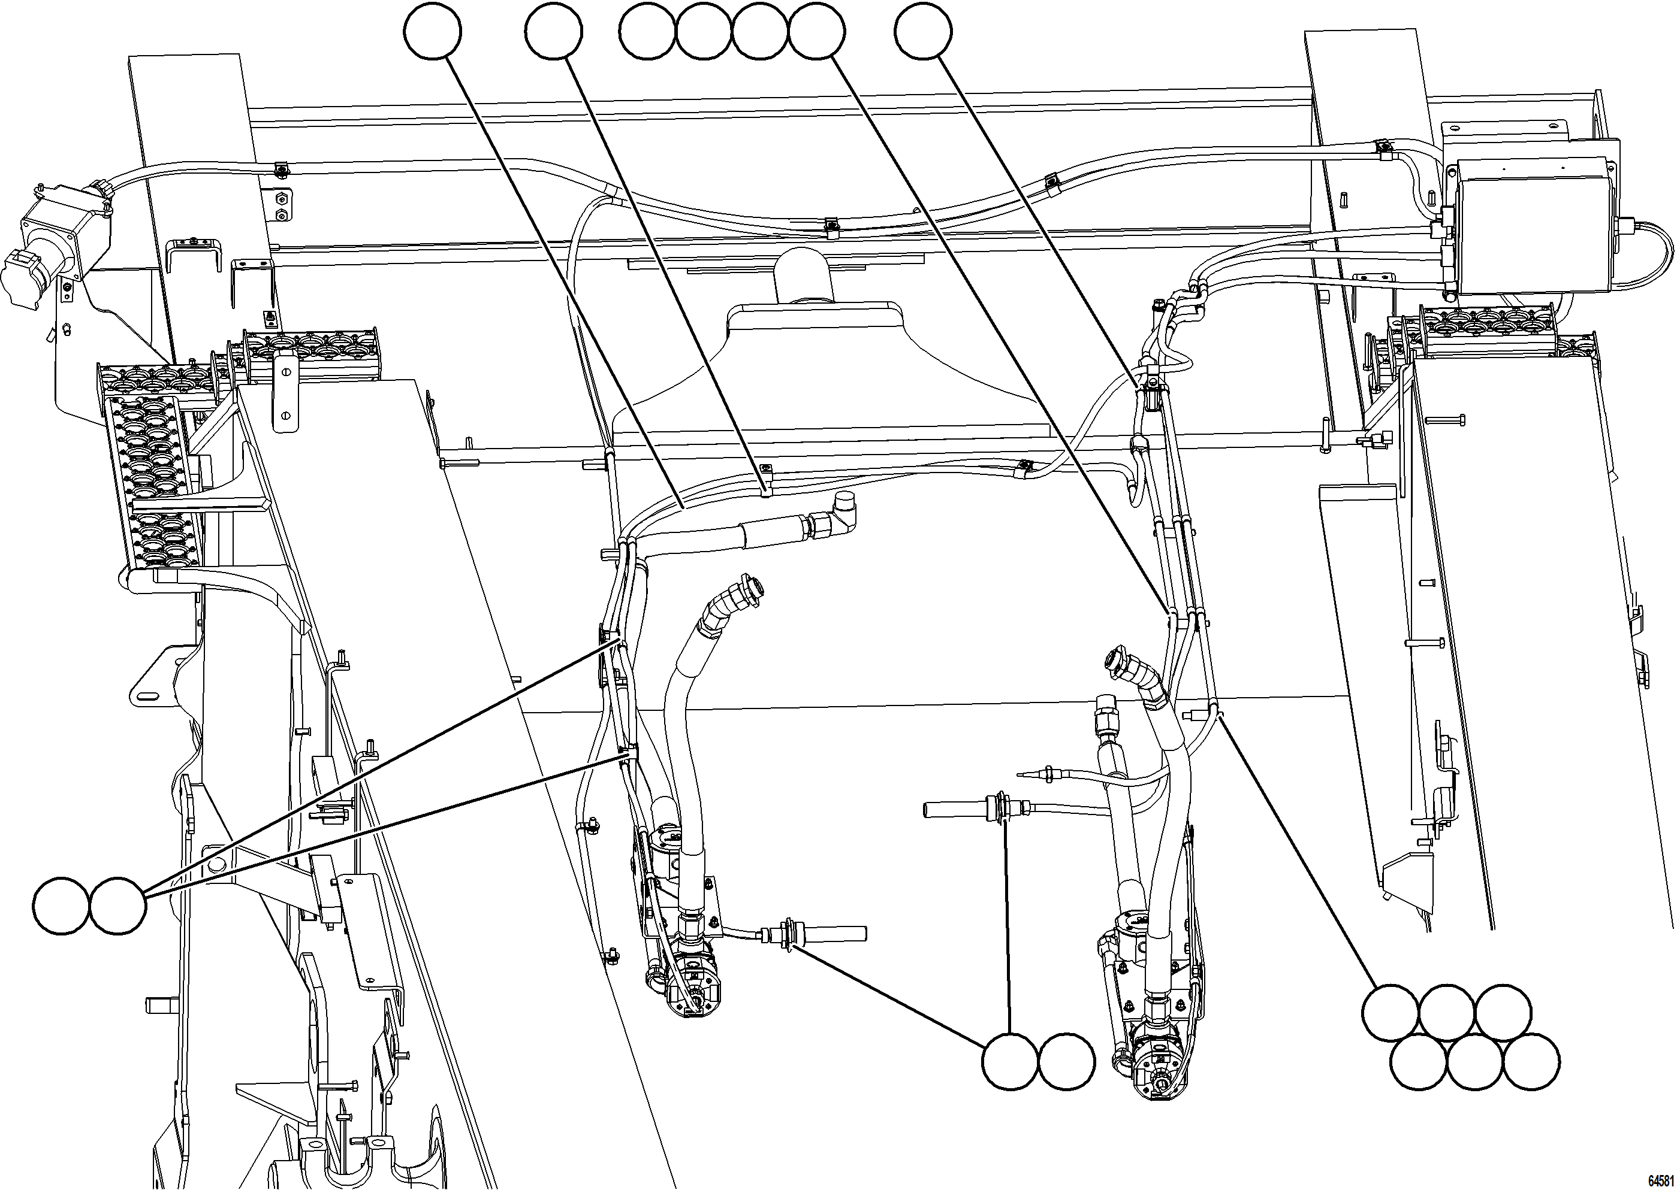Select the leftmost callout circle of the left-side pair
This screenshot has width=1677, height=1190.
[x=62, y=906]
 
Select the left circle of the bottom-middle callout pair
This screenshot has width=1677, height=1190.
[x=1010, y=1061]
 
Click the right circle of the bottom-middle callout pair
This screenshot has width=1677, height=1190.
[x=1067, y=1061]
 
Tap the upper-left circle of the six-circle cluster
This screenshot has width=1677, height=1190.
[x=1389, y=1013]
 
